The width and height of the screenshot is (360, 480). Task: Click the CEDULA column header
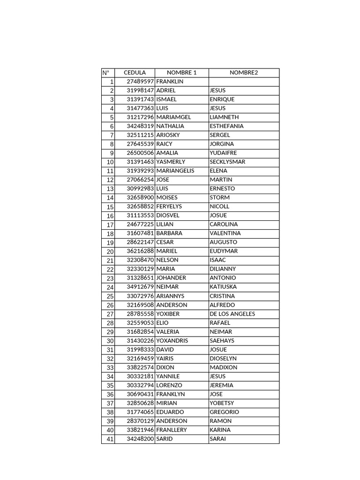[135, 73]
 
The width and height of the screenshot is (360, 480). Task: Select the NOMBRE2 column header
[243, 73]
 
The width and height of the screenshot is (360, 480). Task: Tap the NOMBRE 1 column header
[181, 73]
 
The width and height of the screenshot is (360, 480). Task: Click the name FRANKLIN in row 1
[170, 82]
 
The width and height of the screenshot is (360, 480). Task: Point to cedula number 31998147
[140, 90]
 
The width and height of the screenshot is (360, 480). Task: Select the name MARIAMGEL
[173, 117]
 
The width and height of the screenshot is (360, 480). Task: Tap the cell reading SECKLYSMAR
[227, 162]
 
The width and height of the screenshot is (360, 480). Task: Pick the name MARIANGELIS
[175, 171]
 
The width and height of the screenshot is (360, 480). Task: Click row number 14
[110, 198]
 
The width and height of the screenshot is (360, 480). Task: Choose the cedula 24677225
[140, 225]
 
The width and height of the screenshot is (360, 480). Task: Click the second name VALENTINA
[225, 233]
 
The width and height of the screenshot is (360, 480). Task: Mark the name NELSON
[167, 260]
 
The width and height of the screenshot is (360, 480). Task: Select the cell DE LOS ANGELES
[232, 314]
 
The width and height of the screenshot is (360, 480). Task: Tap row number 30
[110, 341]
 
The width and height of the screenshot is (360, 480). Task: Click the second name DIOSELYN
[223, 359]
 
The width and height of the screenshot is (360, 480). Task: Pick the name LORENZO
[169, 385]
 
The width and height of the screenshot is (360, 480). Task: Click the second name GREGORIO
[224, 412]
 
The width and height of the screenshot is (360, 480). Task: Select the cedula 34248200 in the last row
[140, 439]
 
